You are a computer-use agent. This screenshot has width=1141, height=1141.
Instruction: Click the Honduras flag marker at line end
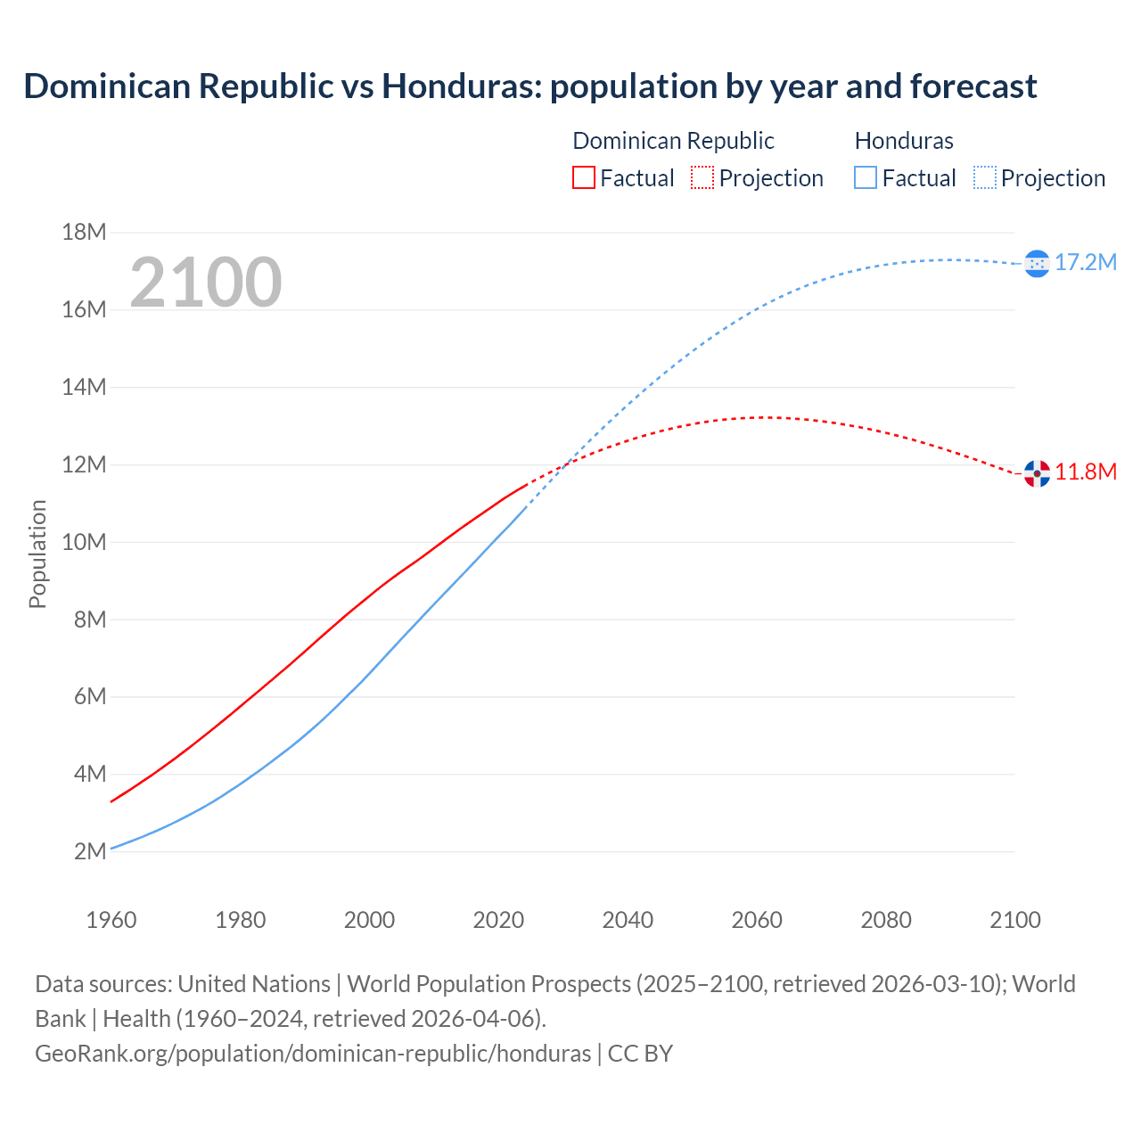(x=1037, y=263)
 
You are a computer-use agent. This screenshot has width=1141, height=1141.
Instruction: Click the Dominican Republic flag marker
(x=1037, y=473)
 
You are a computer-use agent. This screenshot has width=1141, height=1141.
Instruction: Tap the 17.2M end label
(x=1086, y=262)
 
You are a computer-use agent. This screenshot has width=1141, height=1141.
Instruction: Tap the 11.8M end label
(x=1086, y=472)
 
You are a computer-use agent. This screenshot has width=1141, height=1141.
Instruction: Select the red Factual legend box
(x=584, y=178)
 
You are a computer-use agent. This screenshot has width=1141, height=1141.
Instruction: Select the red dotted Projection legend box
(x=702, y=178)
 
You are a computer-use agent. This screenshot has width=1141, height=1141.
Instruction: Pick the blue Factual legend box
(x=866, y=178)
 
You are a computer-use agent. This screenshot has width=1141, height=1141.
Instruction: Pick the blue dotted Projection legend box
(x=984, y=178)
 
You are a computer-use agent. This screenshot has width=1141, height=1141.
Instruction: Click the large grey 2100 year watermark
(x=206, y=283)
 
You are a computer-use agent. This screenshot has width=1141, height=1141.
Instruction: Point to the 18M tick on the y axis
(x=84, y=233)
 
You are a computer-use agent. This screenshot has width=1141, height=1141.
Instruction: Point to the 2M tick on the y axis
(x=89, y=851)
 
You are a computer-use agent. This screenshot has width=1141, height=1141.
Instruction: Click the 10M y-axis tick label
(x=84, y=542)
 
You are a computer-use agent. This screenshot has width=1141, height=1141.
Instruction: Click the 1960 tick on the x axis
(x=111, y=920)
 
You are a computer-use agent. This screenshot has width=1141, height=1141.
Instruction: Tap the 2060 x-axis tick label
(x=757, y=920)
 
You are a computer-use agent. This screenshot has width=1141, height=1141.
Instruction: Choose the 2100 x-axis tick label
(x=1014, y=920)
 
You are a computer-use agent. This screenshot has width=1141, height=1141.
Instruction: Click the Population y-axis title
(x=37, y=554)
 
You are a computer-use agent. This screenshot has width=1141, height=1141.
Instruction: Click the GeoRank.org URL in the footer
(x=313, y=1054)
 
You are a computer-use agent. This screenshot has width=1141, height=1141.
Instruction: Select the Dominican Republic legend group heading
(x=673, y=141)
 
